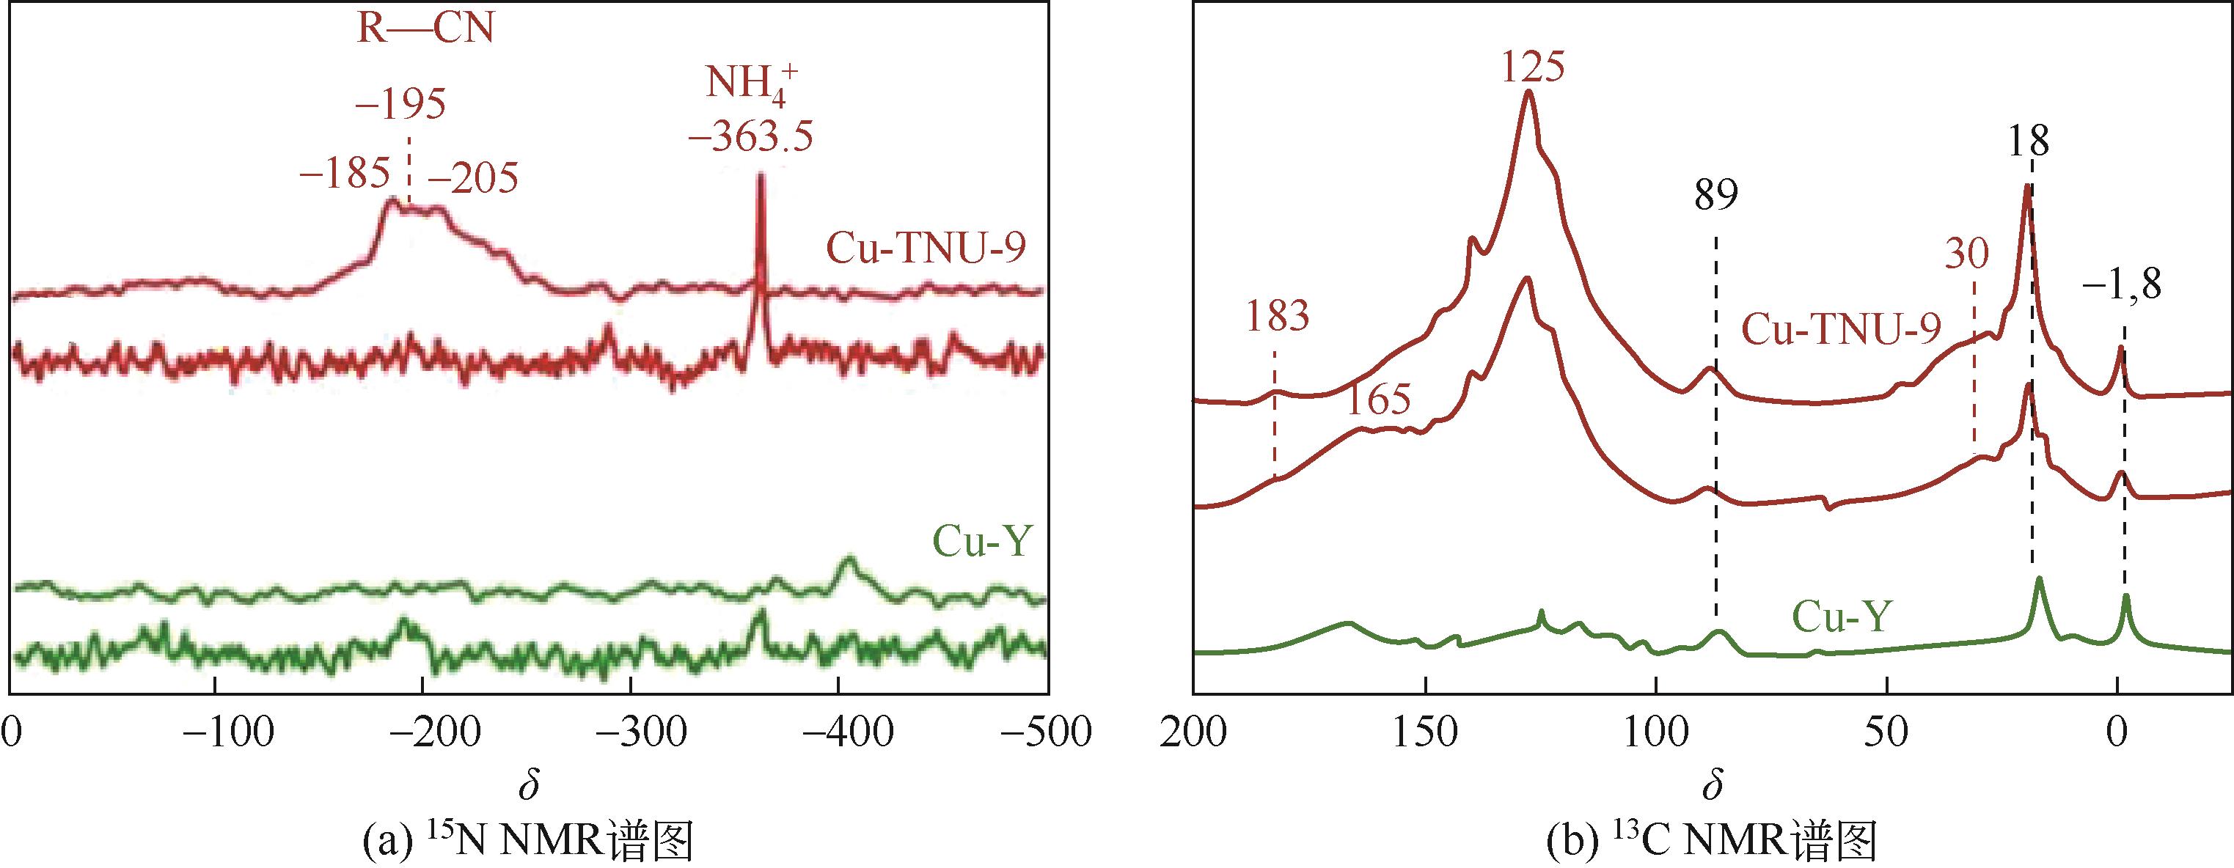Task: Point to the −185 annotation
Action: (x=343, y=176)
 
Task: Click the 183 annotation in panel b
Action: (x=1277, y=317)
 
